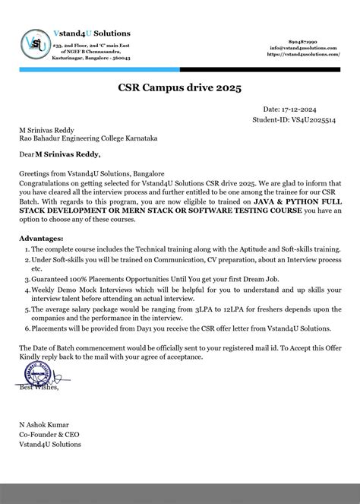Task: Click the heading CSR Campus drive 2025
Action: click(179, 89)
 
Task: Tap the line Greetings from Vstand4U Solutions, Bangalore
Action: click(91, 173)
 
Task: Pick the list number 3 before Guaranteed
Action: click(25, 280)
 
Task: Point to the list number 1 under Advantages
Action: click(25, 249)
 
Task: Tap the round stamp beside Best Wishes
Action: click(32, 374)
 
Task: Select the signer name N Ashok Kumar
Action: click(48, 423)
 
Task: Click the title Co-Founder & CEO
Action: click(52, 433)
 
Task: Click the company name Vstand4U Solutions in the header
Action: click(93, 33)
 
